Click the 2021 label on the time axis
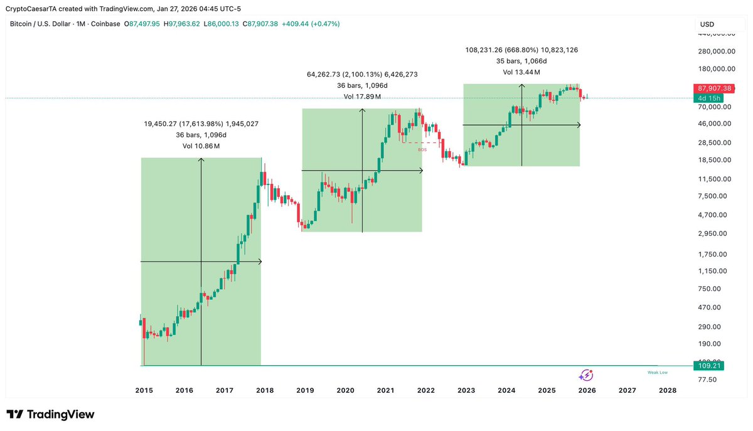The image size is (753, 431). (x=385, y=390)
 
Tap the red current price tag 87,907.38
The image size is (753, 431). (x=714, y=88)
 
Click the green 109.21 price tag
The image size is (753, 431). (x=709, y=366)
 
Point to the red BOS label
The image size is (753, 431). (x=422, y=149)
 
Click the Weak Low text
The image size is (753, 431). (x=657, y=372)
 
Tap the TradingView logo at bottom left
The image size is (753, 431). (x=50, y=415)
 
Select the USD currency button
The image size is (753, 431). (x=707, y=24)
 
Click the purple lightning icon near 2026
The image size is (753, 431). (x=585, y=375)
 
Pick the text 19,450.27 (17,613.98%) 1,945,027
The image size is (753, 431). (x=201, y=124)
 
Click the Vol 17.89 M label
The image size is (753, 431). (x=362, y=97)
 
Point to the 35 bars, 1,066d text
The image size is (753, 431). (x=521, y=61)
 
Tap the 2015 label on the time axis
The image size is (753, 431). (x=144, y=390)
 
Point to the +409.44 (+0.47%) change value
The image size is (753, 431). (x=311, y=24)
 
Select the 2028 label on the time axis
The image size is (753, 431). (x=668, y=390)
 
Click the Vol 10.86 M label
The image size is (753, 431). (x=201, y=146)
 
